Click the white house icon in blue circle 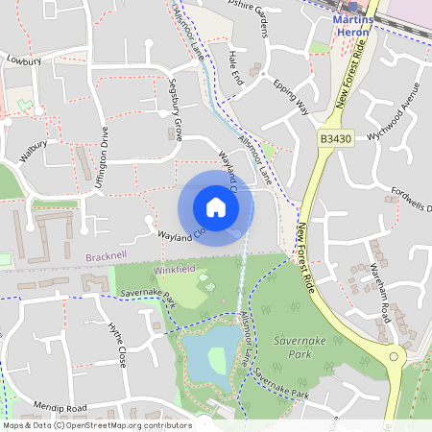(x=215, y=207)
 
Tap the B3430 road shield (x=334, y=140)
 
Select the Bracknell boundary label (x=106, y=258)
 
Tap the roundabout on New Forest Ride (x=394, y=357)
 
